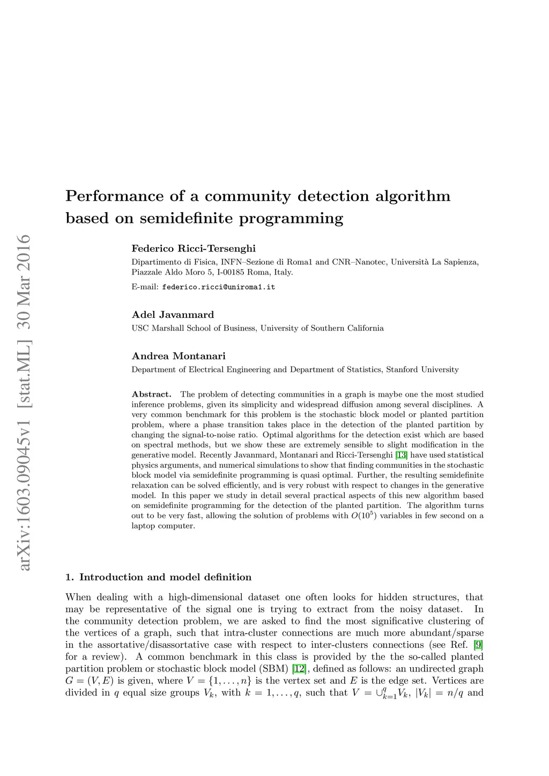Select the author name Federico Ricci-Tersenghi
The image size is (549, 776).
(x=194, y=249)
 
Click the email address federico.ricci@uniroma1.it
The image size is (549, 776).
(x=218, y=287)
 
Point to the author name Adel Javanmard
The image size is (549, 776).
(x=173, y=315)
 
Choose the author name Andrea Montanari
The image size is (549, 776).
(x=179, y=356)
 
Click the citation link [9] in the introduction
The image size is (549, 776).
(x=478, y=645)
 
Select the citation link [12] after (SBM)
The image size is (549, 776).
(x=299, y=669)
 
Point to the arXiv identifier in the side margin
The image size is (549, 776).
(x=24, y=402)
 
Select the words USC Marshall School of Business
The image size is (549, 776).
(x=195, y=329)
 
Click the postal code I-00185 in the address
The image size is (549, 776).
(x=231, y=272)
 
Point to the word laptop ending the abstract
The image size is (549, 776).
(x=143, y=526)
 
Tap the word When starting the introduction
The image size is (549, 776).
(x=78, y=597)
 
